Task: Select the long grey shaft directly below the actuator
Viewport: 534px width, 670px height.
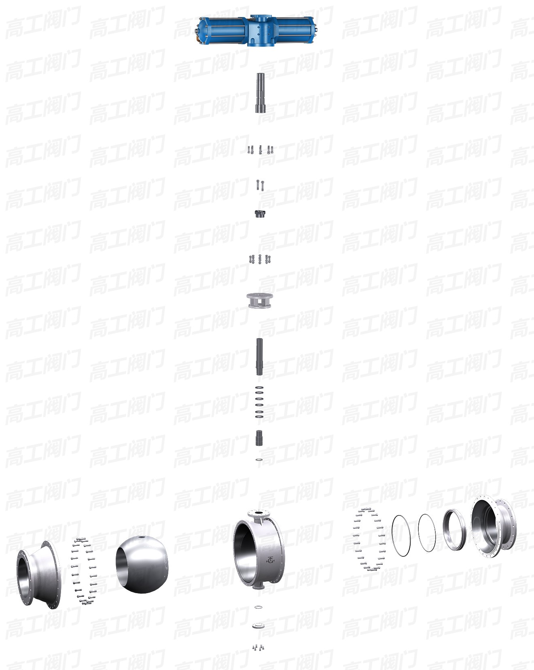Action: coord(260,93)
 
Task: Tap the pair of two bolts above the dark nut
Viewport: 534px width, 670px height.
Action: coord(260,185)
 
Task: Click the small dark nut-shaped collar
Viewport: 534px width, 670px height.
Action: coord(260,213)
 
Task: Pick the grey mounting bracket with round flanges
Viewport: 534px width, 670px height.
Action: coord(260,301)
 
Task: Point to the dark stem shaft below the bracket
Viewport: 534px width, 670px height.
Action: coord(259,356)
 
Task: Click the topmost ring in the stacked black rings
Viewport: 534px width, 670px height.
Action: coord(259,388)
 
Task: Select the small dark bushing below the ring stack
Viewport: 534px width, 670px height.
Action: coord(259,438)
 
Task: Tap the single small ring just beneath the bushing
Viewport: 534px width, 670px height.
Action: coord(259,460)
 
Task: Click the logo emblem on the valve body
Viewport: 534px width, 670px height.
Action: coord(270,560)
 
